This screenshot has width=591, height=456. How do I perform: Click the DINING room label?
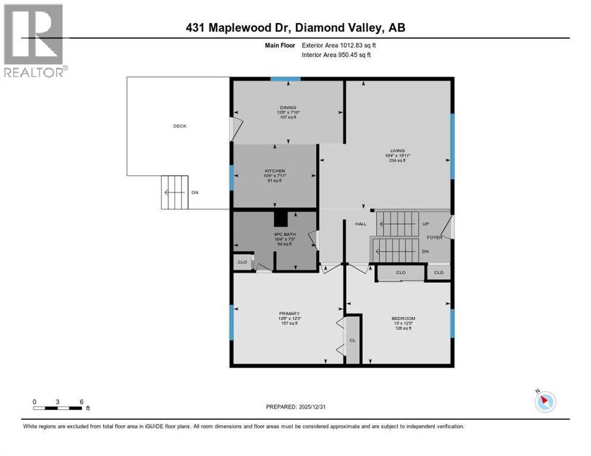(x=288, y=107)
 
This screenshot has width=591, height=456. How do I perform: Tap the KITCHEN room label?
(x=275, y=170)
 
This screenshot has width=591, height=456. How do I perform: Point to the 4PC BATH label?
(x=274, y=233)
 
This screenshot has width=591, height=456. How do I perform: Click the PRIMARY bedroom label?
(x=290, y=313)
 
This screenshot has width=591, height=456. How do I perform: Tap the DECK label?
(x=180, y=126)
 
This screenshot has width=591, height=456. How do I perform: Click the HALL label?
(x=361, y=224)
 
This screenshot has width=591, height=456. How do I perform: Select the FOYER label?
(x=435, y=236)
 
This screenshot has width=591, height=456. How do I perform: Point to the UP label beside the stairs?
(x=425, y=224)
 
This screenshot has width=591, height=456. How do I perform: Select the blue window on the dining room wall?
(x=285, y=79)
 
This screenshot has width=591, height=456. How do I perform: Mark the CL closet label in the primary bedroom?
(x=353, y=340)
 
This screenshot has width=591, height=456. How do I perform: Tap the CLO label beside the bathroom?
(x=242, y=262)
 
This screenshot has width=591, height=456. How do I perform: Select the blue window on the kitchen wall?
(x=231, y=178)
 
